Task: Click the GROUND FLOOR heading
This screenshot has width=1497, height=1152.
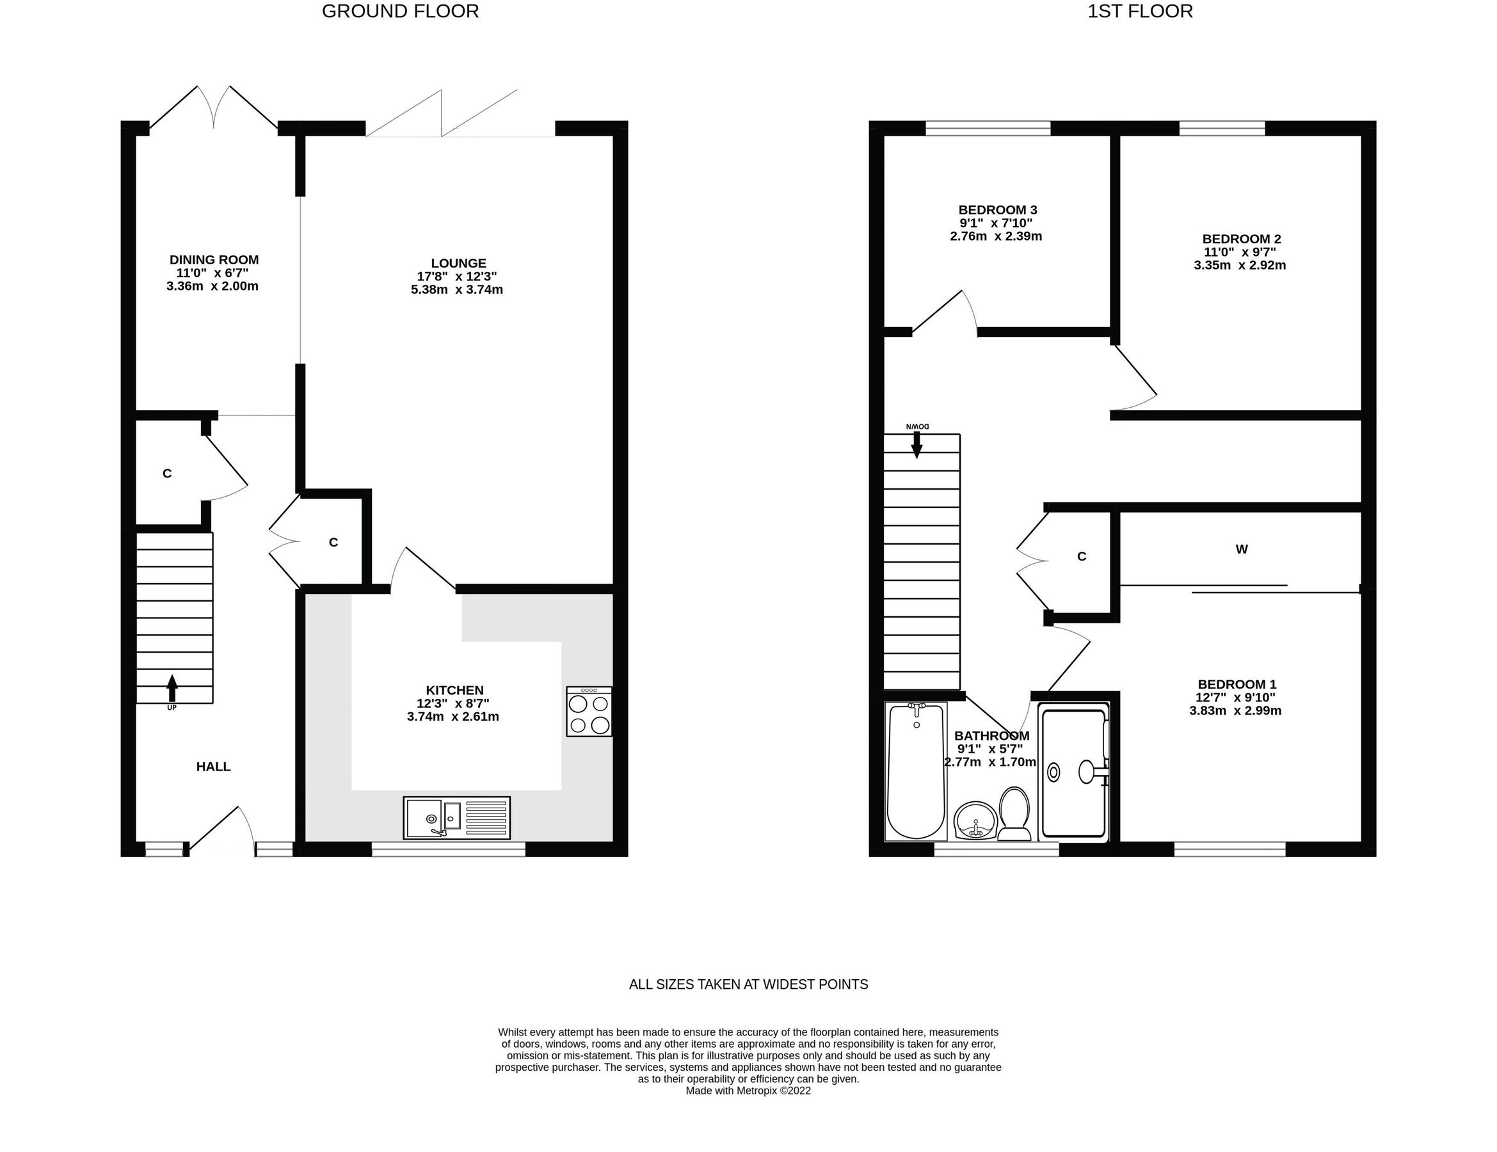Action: pos(400,12)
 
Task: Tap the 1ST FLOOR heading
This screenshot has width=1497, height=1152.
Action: pos(1140,12)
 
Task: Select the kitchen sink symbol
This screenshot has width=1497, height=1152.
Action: pos(456,817)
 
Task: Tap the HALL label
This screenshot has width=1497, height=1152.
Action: pos(213,766)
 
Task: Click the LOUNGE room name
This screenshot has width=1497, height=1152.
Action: pos(458,263)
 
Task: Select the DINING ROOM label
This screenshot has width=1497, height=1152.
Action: pos(214,260)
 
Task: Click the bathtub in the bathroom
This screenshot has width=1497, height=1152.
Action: pos(916,772)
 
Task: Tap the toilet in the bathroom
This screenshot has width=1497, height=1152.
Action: pos(1014,813)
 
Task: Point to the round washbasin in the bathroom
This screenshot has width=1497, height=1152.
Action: pos(975,820)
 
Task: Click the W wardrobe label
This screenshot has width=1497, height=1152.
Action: pos(1242,549)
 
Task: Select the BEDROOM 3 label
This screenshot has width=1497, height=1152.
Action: pos(997,210)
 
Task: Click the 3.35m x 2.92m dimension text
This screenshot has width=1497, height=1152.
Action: pos(1239,265)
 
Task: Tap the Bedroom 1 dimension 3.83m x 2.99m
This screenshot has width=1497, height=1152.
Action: pos(1235,710)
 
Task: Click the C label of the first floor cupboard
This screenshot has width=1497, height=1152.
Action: pos(1082,556)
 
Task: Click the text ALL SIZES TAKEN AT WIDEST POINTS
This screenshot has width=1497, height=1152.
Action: pos(749,984)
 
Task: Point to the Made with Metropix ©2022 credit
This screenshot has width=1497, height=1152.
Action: pos(748,1091)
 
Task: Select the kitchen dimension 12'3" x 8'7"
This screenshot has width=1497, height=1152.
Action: pos(453,703)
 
